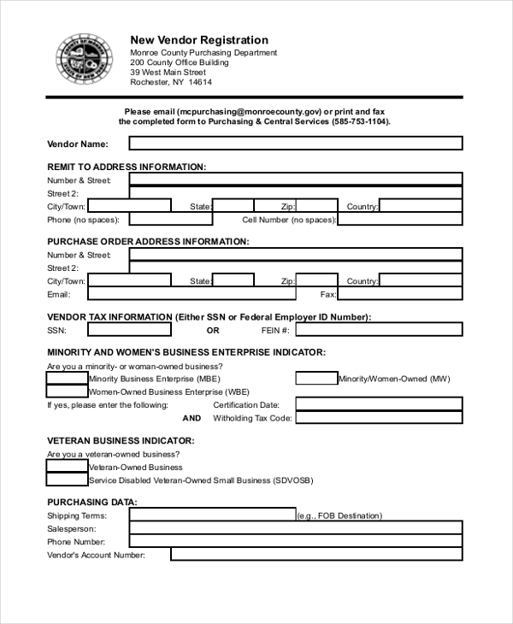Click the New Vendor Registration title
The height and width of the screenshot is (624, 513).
[x=198, y=40]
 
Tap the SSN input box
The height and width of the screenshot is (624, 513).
[x=129, y=330]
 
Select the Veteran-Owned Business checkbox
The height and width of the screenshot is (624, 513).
[x=67, y=467]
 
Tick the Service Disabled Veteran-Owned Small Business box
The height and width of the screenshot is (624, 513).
[x=67, y=480]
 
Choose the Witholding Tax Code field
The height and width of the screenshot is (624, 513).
[x=379, y=418]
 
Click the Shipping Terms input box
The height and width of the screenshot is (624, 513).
[x=212, y=515]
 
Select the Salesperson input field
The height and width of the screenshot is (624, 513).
[x=296, y=529]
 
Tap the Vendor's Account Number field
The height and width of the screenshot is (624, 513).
[x=316, y=555]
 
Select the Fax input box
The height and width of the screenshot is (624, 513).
[x=400, y=294]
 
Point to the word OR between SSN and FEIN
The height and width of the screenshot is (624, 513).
[x=213, y=330]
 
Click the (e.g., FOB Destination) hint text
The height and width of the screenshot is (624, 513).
[x=339, y=516]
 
